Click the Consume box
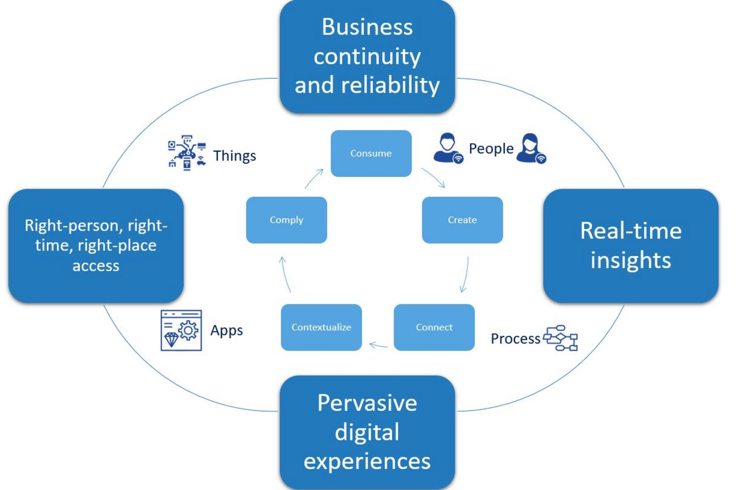point(371,153)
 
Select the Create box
point(462,220)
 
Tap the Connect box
point(434,328)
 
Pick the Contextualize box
point(321,328)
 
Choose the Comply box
point(287,220)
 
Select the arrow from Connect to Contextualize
point(378,345)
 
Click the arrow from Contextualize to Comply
point(285,274)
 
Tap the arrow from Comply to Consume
point(313,178)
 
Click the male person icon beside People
point(448,148)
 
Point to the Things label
point(235,156)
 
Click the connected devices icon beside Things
point(187,153)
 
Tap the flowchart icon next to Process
point(560,338)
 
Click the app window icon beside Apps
point(181,331)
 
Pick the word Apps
point(227,331)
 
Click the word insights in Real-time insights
point(631,260)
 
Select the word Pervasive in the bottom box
point(367,403)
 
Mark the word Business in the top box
point(367,27)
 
